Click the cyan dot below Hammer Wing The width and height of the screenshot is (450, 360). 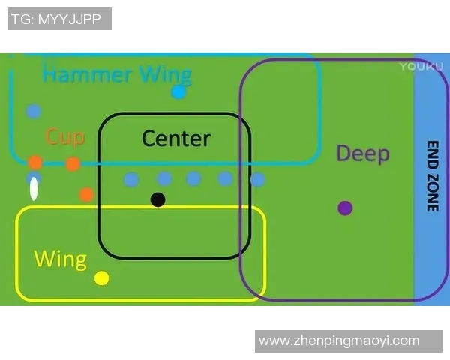pyautogui.click(x=178, y=92)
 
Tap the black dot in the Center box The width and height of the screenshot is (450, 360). pyautogui.click(x=157, y=199)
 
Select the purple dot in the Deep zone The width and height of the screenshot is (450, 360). pyautogui.click(x=345, y=208)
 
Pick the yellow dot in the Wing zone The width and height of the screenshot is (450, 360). pyautogui.click(x=102, y=278)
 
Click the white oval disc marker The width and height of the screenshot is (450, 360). pyautogui.click(x=34, y=189)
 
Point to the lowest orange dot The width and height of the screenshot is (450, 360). pyautogui.click(x=86, y=194)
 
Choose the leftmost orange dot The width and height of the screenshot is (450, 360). pyautogui.click(x=35, y=162)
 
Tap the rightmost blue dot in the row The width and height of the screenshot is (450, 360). pyautogui.click(x=257, y=180)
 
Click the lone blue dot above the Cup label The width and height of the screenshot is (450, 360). pyautogui.click(x=33, y=112)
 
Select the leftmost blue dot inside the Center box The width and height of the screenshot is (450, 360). pyautogui.click(x=131, y=179)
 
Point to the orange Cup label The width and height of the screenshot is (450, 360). pyautogui.click(x=64, y=137)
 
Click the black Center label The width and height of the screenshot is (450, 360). pyautogui.click(x=176, y=139)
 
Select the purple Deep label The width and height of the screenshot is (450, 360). pyautogui.click(x=363, y=154)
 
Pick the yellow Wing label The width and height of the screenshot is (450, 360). pyautogui.click(x=60, y=260)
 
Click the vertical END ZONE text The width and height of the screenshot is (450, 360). pyautogui.click(x=432, y=176)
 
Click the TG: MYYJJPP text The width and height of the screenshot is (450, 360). pyautogui.click(x=59, y=19)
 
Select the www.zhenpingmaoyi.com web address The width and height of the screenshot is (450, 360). pyautogui.click(x=338, y=340)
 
